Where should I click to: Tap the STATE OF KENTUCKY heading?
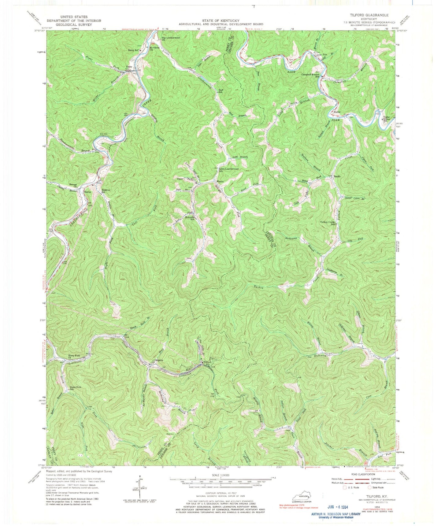(221, 20)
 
